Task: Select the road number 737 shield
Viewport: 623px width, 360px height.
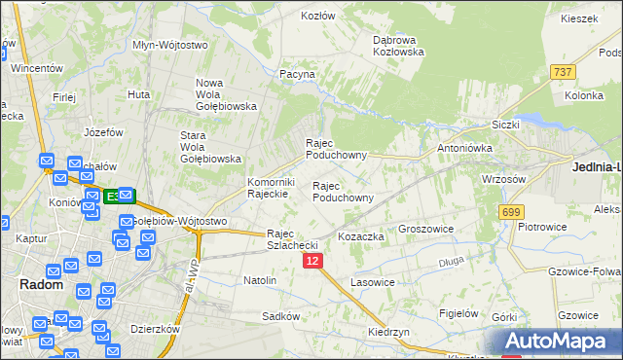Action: click(x=562, y=73)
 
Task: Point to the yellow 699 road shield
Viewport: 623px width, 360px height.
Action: click(x=511, y=211)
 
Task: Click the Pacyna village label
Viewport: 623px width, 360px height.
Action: click(x=297, y=74)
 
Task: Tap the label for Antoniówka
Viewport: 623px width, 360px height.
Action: click(x=465, y=148)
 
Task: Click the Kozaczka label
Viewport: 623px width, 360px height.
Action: click(x=362, y=236)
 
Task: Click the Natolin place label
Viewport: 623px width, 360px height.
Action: click(x=260, y=280)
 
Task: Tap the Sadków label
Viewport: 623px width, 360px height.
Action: click(x=279, y=317)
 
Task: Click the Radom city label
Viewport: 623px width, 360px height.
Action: click(x=42, y=285)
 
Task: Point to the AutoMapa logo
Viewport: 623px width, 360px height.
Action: click(x=563, y=342)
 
